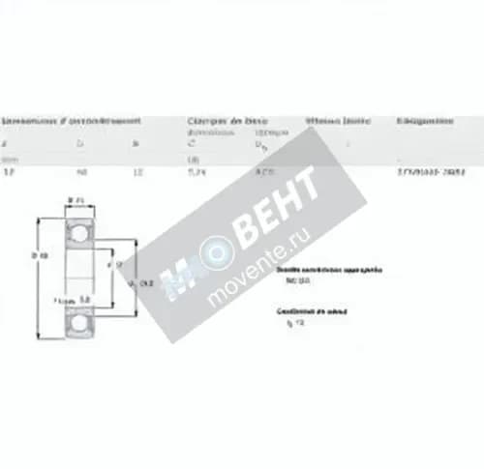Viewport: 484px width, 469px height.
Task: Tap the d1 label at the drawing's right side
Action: pyautogui.click(x=145, y=282)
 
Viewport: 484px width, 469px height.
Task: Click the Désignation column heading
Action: pyautogui.click(x=425, y=122)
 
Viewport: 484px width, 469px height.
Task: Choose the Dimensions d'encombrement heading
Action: pyautogui.click(x=73, y=122)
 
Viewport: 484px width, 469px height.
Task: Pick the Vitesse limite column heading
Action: pyautogui.click(x=338, y=122)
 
